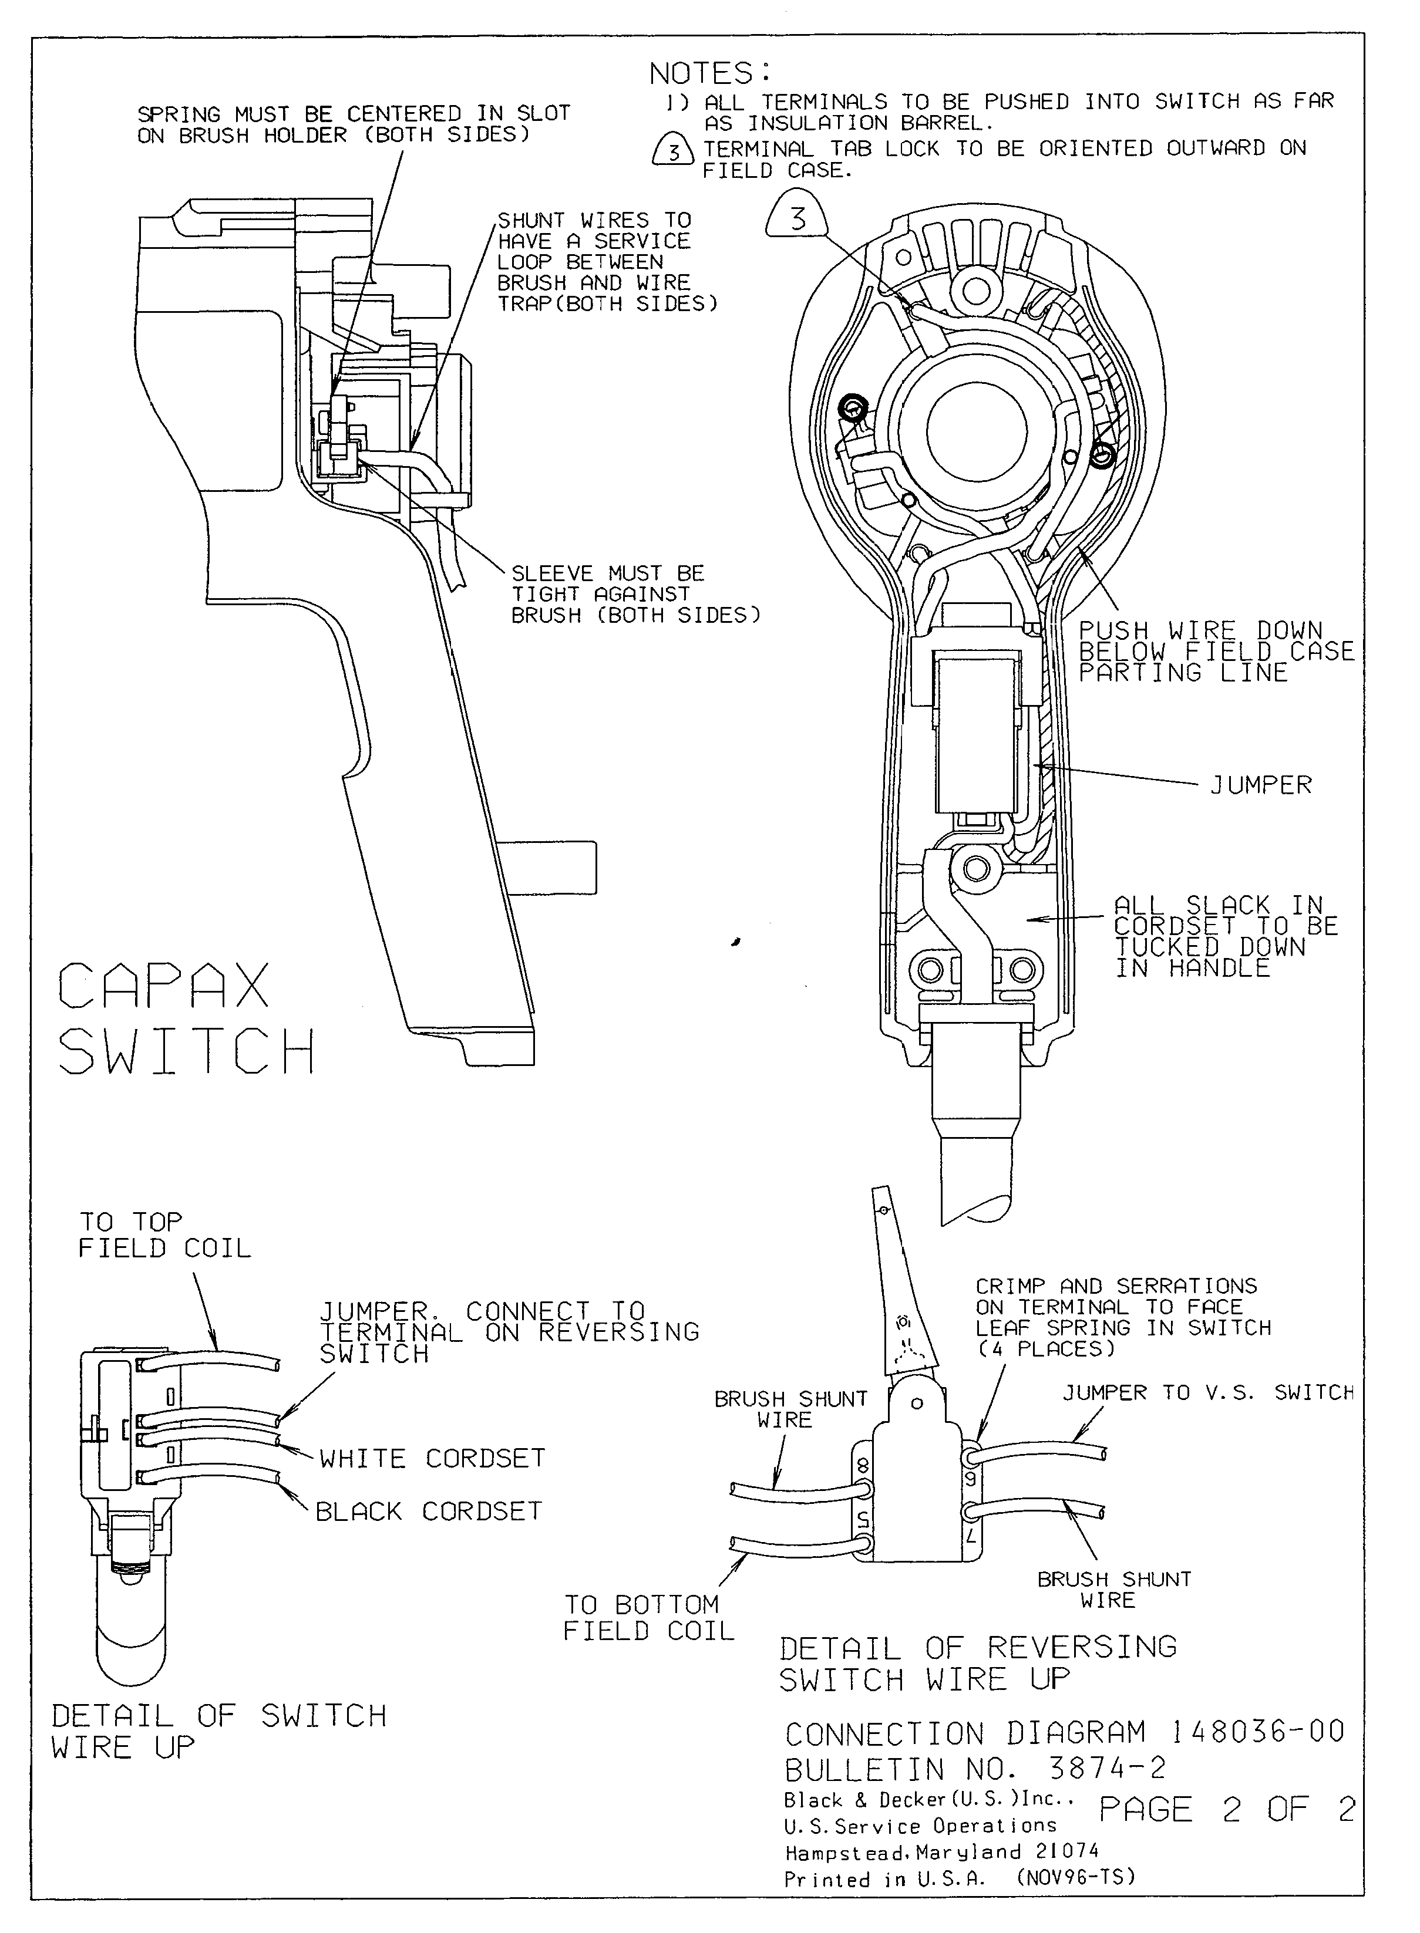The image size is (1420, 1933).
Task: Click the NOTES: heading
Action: (710, 74)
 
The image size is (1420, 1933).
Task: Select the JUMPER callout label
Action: (1260, 785)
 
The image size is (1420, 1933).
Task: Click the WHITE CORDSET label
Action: (432, 1459)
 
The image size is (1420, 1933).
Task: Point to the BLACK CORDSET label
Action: (428, 1511)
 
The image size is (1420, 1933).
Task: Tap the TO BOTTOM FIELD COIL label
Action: (648, 1618)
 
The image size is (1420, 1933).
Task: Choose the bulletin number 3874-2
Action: (1107, 1768)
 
